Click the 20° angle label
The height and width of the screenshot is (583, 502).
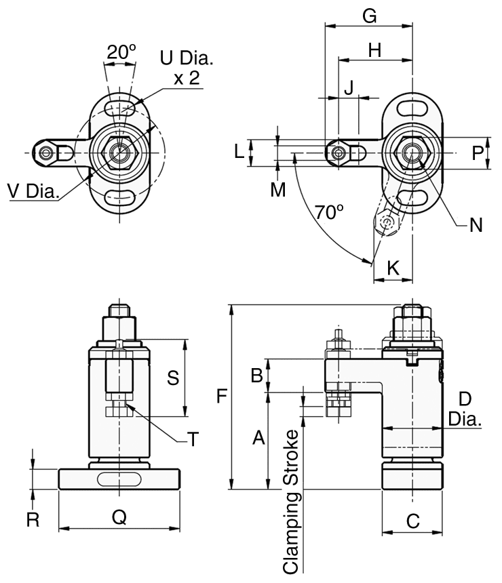tap(122, 51)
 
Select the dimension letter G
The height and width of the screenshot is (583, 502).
tap(369, 16)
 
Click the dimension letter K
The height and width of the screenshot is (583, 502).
tap(393, 268)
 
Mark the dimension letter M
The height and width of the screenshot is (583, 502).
tap(277, 190)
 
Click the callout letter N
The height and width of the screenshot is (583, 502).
tap(476, 224)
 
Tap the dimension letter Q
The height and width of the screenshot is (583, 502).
tap(119, 517)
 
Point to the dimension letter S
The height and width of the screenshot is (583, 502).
tap(173, 378)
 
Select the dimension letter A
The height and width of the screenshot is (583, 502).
tap(258, 439)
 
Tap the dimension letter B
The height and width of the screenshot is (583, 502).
tap(257, 374)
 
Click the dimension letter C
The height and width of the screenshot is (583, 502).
tap(412, 521)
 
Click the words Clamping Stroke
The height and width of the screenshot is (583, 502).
tap(291, 502)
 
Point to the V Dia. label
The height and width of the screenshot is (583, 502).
tap(34, 192)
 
